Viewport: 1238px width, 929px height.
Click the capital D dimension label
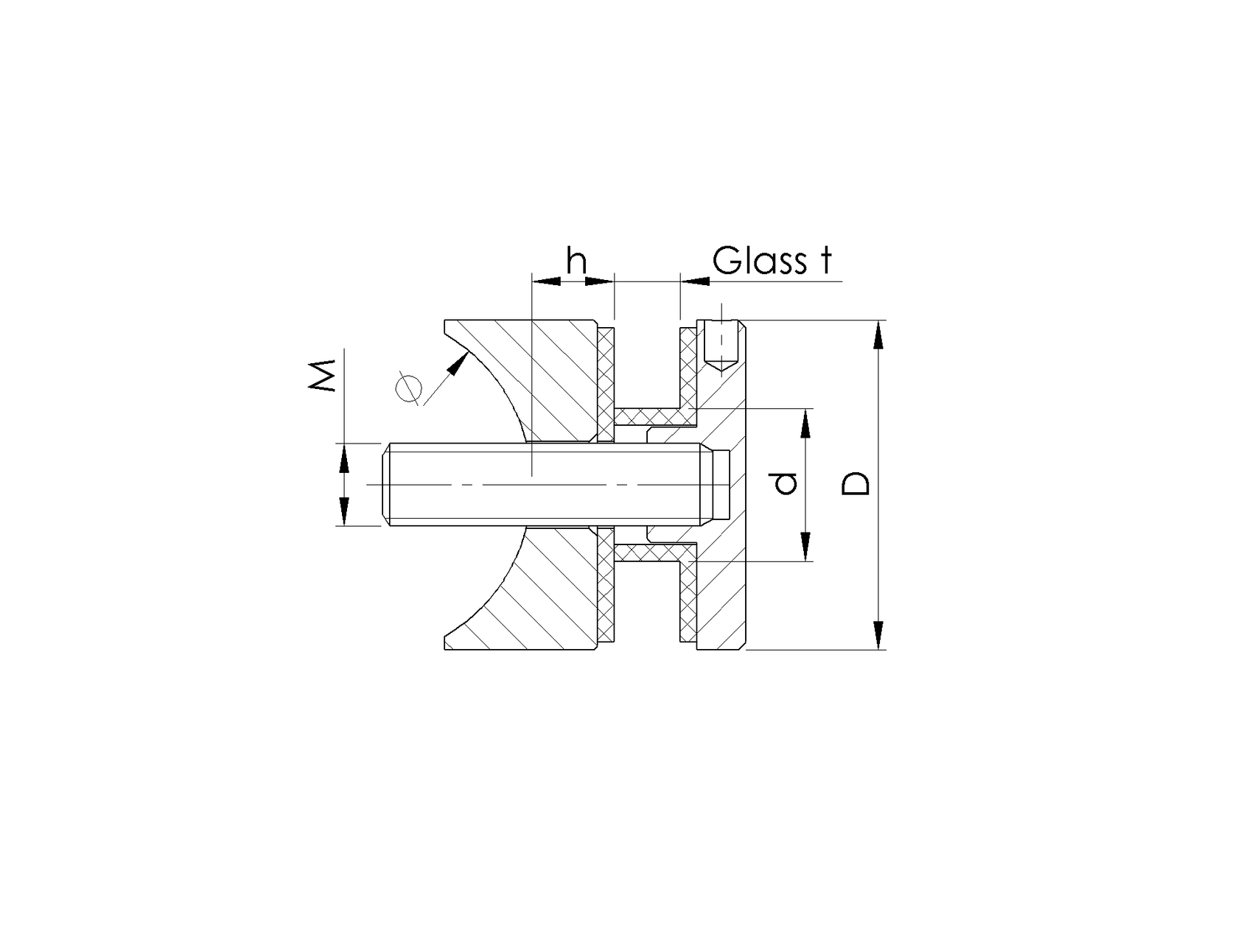[856, 483]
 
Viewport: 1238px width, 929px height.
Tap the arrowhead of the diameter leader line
[461, 362]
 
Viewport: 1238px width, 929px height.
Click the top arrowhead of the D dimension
[878, 334]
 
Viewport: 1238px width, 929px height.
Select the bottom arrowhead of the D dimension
[878, 635]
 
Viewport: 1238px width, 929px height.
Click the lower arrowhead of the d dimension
[805, 547]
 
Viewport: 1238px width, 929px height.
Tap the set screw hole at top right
[720, 346]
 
